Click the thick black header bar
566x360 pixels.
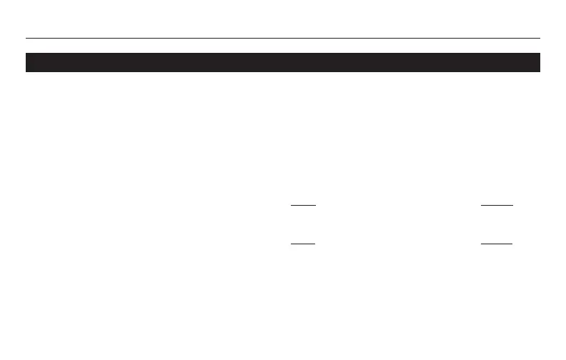[282, 62]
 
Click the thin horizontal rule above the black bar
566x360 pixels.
[282, 38]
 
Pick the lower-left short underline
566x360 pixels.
[303, 244]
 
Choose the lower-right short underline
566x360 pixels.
[497, 244]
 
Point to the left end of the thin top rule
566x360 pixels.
[26, 38]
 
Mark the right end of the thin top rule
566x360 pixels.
[540, 38]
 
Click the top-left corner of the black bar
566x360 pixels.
[26, 54]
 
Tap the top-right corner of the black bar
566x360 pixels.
[539, 54]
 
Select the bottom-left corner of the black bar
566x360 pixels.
[26, 71]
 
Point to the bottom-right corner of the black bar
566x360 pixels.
[539, 71]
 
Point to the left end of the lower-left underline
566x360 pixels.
[292, 244]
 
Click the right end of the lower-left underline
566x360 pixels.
[315, 244]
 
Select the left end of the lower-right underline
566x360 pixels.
[482, 244]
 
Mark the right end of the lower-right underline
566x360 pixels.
[512, 244]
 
